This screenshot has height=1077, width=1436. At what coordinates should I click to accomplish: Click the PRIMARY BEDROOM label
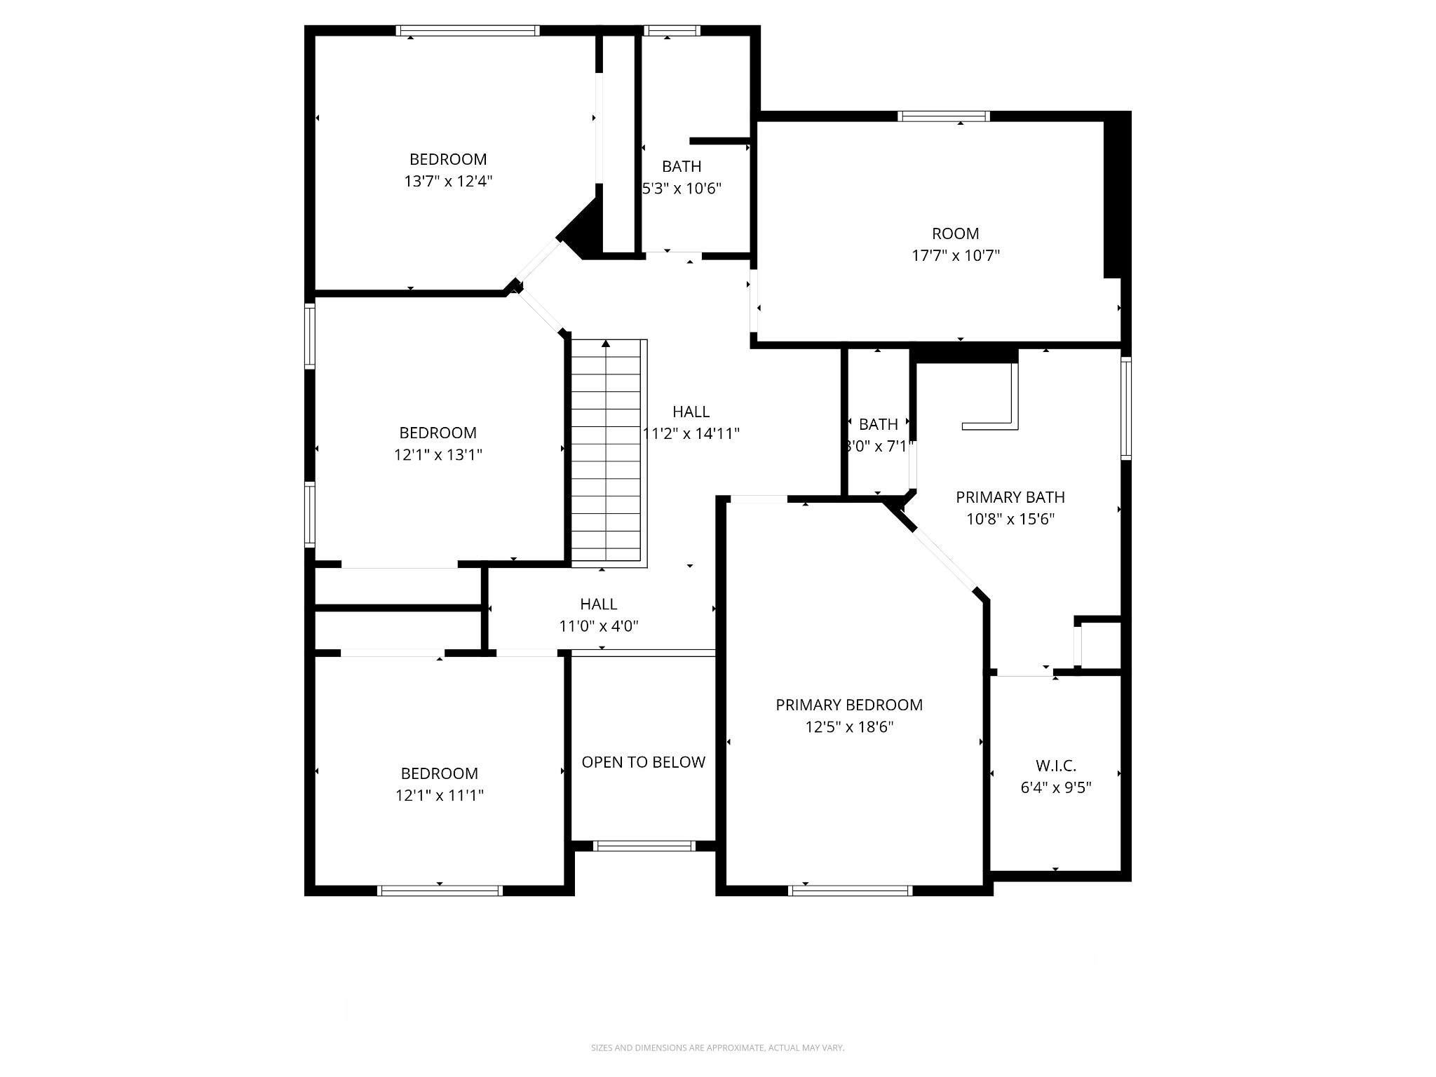(x=848, y=705)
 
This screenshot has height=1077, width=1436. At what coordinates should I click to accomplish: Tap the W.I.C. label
(x=1055, y=766)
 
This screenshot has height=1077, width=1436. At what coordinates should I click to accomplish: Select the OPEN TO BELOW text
(x=643, y=762)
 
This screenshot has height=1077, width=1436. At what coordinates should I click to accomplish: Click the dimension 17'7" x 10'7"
(x=955, y=255)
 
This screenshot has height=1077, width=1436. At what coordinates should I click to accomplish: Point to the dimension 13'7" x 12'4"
(x=448, y=182)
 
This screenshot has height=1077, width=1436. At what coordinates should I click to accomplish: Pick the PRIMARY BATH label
(x=1010, y=497)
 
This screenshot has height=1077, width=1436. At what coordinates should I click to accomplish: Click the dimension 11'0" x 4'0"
(x=598, y=626)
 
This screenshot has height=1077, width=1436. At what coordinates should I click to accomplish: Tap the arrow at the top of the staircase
(x=606, y=344)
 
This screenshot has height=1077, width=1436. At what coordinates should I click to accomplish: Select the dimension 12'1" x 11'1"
(x=439, y=795)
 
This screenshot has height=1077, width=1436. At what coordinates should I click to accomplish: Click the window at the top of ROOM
(x=944, y=116)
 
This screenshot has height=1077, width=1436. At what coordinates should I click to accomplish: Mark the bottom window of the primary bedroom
(x=850, y=890)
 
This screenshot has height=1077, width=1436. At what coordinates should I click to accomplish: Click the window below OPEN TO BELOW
(x=644, y=846)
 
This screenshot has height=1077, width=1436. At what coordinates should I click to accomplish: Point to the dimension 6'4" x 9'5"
(x=1055, y=787)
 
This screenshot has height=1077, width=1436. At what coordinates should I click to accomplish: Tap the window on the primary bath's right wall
(x=1125, y=408)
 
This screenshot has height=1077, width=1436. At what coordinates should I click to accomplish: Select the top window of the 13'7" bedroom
(x=468, y=30)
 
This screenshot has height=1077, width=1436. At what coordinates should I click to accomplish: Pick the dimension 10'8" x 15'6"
(x=1010, y=519)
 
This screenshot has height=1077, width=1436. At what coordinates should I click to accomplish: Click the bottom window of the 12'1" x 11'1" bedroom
(x=440, y=890)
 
